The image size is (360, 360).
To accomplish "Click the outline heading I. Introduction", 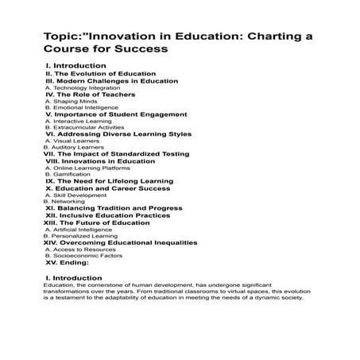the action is point(72,65).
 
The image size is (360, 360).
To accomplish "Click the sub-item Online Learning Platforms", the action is point(89,168).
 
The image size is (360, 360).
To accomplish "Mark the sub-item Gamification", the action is point(68,174).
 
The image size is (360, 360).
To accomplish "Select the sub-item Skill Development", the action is point(76,195).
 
